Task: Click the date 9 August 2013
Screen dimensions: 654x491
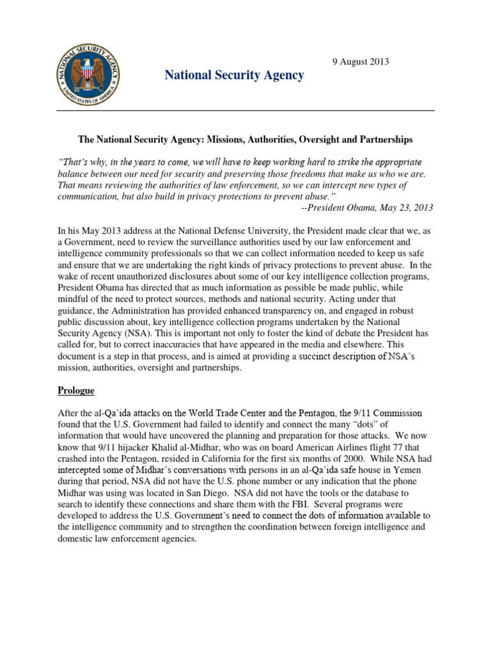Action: click(x=360, y=62)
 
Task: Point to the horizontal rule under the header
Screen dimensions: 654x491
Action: click(x=245, y=110)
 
